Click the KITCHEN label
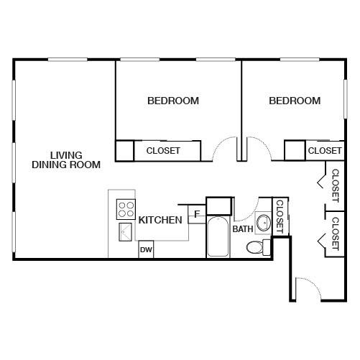point(160,220)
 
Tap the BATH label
point(243,229)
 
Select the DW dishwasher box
point(146,249)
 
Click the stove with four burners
point(126,209)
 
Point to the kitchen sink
point(125,232)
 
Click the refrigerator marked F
point(197,214)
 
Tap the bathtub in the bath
point(218,236)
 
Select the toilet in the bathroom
point(258,247)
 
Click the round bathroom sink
point(263,223)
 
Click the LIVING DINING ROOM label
point(66,160)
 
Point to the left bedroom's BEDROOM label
point(173,101)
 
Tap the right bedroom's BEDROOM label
point(295,101)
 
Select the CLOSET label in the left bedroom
point(163,151)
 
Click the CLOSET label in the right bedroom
point(325,151)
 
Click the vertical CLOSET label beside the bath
point(280,216)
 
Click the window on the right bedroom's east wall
point(346,99)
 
